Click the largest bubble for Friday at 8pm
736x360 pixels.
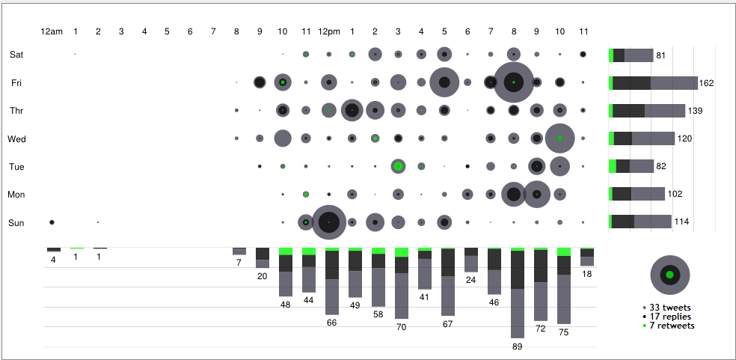point(514,82)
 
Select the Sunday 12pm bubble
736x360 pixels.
point(328,222)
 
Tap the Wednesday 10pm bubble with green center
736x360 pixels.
point(559,138)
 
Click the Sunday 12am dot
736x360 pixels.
point(52,222)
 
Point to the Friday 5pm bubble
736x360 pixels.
point(444,82)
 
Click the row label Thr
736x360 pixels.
point(16,111)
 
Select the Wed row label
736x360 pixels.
point(16,138)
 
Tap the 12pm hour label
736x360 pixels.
point(328,31)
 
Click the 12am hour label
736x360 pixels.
point(52,31)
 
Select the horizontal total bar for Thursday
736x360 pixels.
point(647,111)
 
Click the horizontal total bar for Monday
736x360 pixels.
point(637,194)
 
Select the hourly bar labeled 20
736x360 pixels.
point(262,257)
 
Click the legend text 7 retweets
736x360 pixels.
point(672,326)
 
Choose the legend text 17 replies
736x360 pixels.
point(670,317)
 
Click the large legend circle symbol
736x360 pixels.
point(670,275)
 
